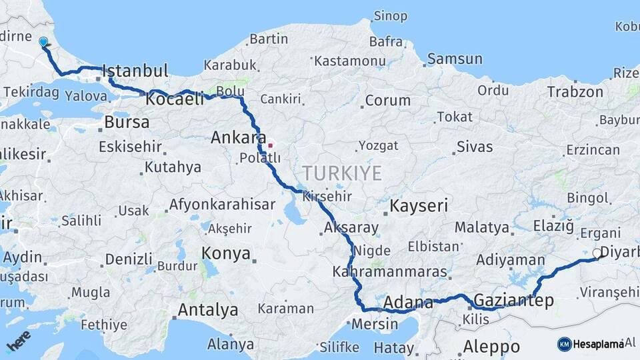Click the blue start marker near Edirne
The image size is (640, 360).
pyautogui.click(x=43, y=42)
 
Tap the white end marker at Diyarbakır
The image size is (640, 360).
pyautogui.click(x=596, y=253)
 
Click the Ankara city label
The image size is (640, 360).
pyautogui.click(x=234, y=138)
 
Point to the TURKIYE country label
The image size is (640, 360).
pyautogui.click(x=343, y=173)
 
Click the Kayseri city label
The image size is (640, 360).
pyautogui.click(x=419, y=205)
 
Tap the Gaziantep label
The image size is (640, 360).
pyautogui.click(x=513, y=301)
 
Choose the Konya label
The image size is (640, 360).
pyautogui.click(x=226, y=253)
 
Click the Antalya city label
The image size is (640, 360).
pyautogui.click(x=207, y=310)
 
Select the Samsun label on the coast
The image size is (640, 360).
pyautogui.click(x=455, y=59)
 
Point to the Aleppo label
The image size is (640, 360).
pyautogui.click(x=491, y=347)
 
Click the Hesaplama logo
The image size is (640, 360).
pyautogui.click(x=590, y=344)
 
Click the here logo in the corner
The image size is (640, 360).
pyautogui.click(x=18, y=340)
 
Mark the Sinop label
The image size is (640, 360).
pyautogui.click(x=390, y=15)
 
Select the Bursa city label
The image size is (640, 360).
pyautogui.click(x=127, y=123)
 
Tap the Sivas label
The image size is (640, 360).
pyautogui.click(x=475, y=147)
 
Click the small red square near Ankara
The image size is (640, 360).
pyautogui.click(x=271, y=145)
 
